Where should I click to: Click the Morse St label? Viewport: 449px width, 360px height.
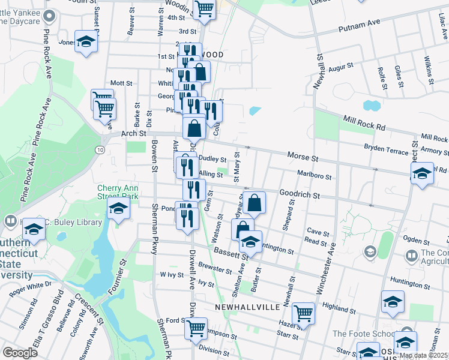(x=302, y=156)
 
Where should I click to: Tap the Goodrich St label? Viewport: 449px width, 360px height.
(x=299, y=196)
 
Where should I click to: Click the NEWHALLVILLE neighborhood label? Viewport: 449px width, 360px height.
(x=247, y=307)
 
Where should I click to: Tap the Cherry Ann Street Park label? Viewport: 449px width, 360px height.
(x=118, y=191)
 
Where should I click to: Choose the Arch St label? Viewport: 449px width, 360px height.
(x=129, y=134)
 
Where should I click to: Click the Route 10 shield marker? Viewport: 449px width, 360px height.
(x=100, y=149)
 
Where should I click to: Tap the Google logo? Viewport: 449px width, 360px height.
(x=20, y=352)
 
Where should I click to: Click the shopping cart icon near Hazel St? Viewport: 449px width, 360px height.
(x=304, y=313)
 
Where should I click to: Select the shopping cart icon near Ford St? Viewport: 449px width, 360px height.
(x=196, y=328)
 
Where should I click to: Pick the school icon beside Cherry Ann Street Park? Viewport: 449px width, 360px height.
(x=118, y=208)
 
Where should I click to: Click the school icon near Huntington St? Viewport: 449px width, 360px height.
(x=250, y=242)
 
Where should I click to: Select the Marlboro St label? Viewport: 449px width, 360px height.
(x=315, y=175)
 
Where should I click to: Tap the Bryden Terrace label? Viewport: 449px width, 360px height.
(x=387, y=148)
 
